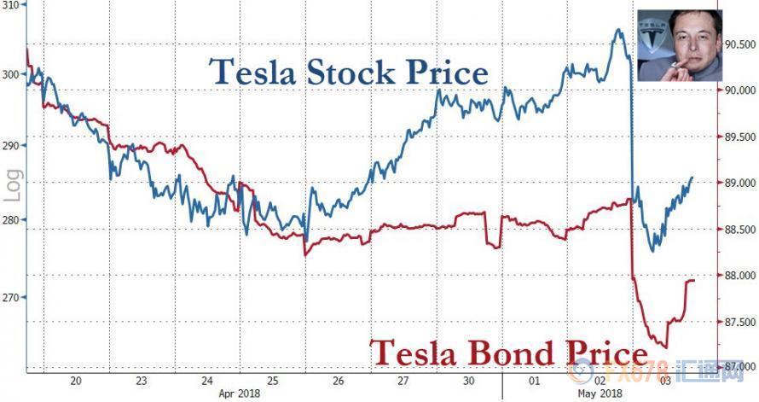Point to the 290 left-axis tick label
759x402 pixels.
(x=12, y=147)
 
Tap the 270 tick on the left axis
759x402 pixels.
(x=12, y=297)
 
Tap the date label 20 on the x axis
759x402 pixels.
(x=76, y=381)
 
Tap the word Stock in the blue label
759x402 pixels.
(x=333, y=72)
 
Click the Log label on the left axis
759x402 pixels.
(x=12, y=186)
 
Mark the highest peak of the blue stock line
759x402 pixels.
(x=617, y=31)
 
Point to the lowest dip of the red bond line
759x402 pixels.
(x=663, y=347)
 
